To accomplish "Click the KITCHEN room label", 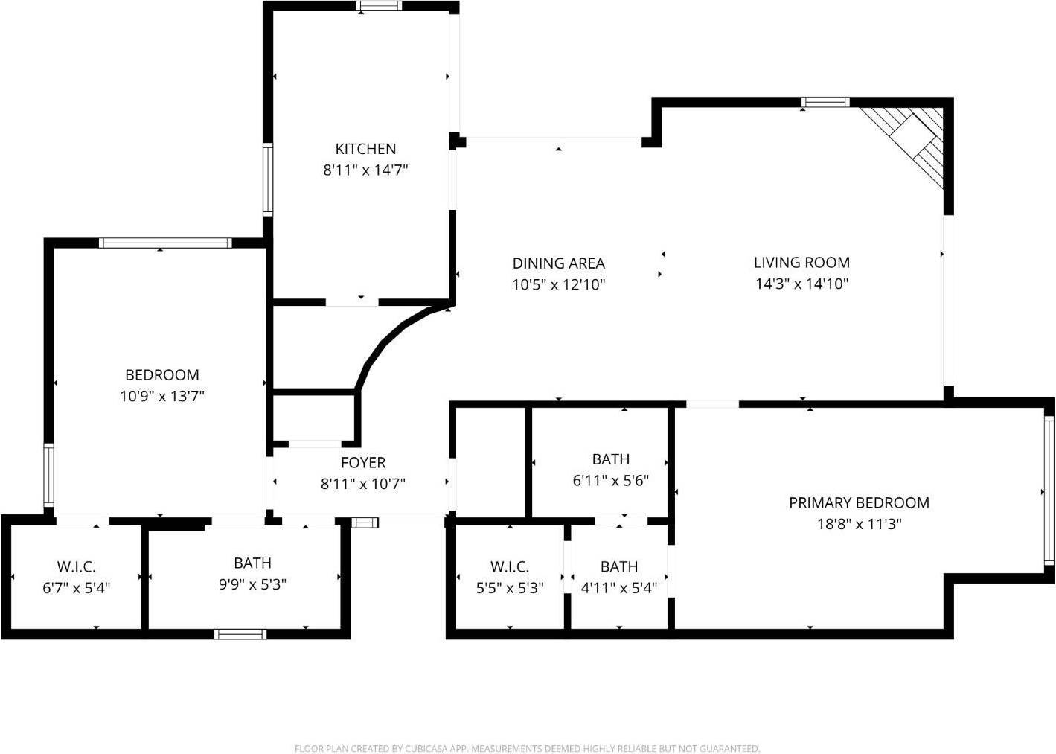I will (365, 149).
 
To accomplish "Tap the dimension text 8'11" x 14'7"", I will (365, 170).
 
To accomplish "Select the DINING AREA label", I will (558, 263).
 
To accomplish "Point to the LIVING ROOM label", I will (801, 262).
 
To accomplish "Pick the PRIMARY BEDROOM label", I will (859, 502).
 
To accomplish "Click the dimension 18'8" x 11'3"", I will (859, 524).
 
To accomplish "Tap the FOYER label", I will (363, 462).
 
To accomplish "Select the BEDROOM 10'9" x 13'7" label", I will (161, 375).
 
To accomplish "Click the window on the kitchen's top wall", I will (378, 7).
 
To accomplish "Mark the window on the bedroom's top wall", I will (165, 243).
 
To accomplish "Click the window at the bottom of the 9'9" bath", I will (240, 634).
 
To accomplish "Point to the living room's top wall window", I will (825, 102).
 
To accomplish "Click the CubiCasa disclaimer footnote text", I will (527, 748).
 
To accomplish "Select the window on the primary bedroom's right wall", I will (1049, 491).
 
